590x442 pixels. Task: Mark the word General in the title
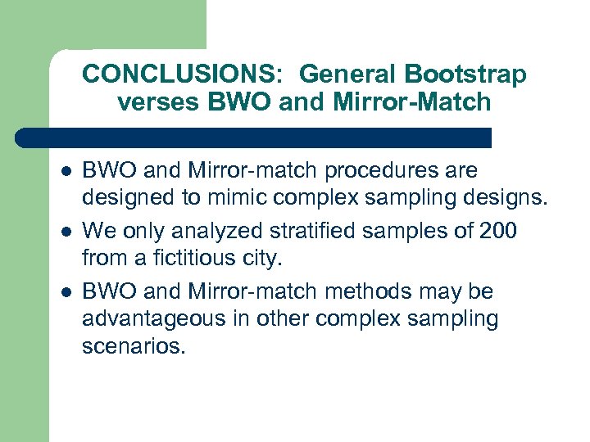(348, 74)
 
